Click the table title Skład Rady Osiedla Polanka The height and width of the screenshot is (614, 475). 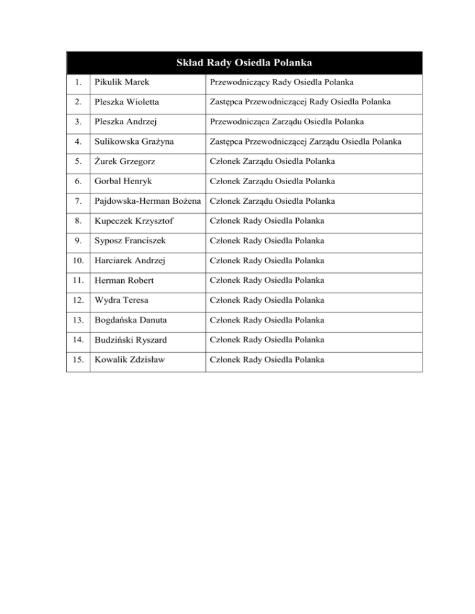click(244, 62)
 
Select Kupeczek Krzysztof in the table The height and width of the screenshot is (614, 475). click(132, 221)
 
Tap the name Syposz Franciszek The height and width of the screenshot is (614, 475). click(127, 241)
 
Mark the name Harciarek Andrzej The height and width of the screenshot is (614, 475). click(129, 261)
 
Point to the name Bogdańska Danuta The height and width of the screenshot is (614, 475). click(129, 320)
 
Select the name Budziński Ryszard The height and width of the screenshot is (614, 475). click(129, 340)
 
